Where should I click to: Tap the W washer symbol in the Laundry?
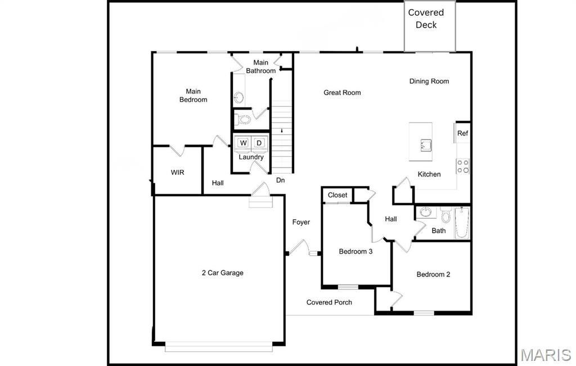(x=243, y=143)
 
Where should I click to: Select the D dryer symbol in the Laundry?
(x=259, y=143)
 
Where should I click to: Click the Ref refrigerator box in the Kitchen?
(x=462, y=133)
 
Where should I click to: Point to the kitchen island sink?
(x=424, y=146)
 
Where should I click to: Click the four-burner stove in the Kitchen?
(x=462, y=166)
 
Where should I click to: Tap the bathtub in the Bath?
(x=462, y=222)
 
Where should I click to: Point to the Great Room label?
(x=342, y=93)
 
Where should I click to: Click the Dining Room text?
(x=429, y=82)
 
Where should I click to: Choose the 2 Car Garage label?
(x=222, y=273)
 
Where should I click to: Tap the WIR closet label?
(x=177, y=173)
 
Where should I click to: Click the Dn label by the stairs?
(x=280, y=180)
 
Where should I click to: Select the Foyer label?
(x=301, y=223)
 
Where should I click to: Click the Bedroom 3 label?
(x=355, y=252)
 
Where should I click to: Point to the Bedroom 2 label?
(x=433, y=275)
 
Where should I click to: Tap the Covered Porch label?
(x=329, y=302)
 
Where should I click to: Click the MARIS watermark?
(x=545, y=355)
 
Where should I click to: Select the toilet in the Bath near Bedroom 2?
(x=445, y=216)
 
